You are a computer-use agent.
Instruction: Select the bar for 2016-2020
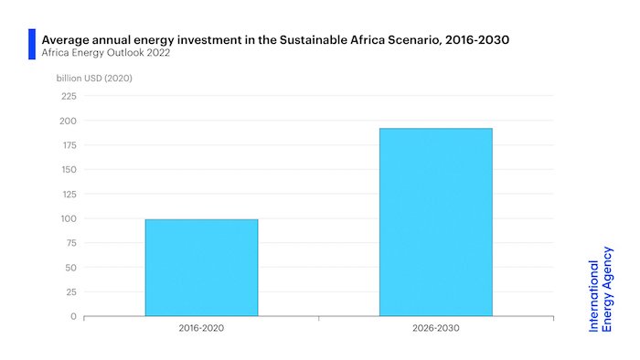(201, 268)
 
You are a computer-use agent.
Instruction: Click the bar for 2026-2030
(435, 222)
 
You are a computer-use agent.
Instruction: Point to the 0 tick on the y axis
(73, 316)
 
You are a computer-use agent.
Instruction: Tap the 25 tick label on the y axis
(69, 291)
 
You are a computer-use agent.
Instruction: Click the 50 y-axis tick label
(69, 268)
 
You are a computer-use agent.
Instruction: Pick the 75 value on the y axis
(69, 243)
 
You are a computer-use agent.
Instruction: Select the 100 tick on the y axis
(68, 218)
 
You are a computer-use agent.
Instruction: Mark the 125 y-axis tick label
(68, 194)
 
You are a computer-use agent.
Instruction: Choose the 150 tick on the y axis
(68, 170)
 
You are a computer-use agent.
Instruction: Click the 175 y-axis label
(68, 145)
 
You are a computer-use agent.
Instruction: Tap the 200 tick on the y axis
(68, 121)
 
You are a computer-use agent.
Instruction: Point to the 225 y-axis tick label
(68, 96)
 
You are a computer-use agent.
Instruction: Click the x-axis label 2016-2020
(201, 327)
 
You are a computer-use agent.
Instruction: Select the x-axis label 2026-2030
(435, 327)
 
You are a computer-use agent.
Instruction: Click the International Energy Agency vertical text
(601, 295)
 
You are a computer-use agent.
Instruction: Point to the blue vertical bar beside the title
(32, 44)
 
